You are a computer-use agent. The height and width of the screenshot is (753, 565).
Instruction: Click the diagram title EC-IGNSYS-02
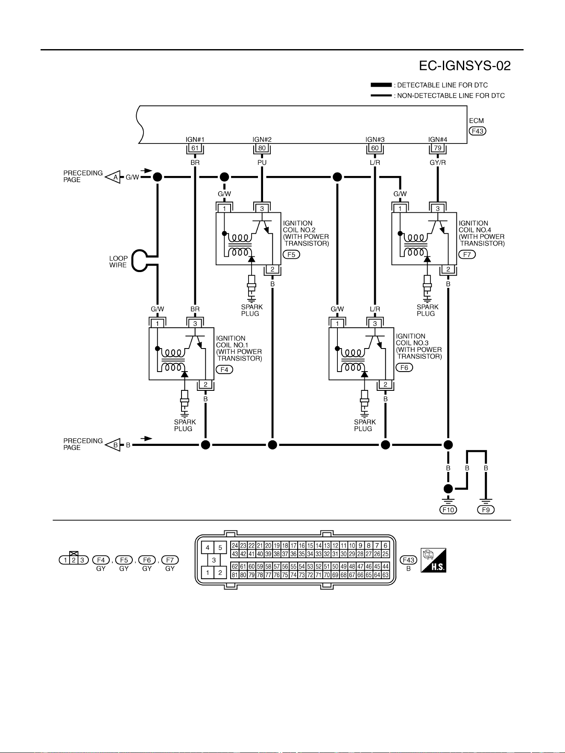point(465,66)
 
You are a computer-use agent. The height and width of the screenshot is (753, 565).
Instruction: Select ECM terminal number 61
point(195,148)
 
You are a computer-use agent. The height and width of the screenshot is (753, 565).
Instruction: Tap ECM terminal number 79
point(438,148)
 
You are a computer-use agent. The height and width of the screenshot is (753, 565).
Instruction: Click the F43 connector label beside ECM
point(477,131)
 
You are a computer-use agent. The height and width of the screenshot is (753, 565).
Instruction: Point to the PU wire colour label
point(262,163)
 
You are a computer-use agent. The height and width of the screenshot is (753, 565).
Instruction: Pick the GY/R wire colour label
point(438,163)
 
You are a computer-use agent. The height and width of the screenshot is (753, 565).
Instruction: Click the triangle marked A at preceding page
point(113,177)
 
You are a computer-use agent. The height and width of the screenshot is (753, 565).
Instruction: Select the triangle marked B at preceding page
point(113,445)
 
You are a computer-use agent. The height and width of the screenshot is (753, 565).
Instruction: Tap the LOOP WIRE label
point(118,262)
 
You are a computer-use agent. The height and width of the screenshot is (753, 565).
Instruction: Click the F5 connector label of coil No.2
point(291,255)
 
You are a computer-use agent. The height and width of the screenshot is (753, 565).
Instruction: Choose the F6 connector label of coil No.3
point(404,368)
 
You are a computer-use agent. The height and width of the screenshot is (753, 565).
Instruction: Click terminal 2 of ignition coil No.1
point(205,384)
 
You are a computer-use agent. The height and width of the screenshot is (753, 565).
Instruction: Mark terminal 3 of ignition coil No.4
point(438,209)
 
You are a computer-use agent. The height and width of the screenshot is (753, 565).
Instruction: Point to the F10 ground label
point(448,510)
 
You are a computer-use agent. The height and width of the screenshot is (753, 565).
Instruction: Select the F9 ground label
point(486,510)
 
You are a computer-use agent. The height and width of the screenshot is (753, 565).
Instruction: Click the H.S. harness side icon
point(433,560)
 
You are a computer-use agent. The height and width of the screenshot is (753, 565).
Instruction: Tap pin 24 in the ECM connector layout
point(235,545)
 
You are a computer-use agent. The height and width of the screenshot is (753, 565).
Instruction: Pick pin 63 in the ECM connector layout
point(386,575)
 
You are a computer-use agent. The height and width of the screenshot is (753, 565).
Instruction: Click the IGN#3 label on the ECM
point(375,140)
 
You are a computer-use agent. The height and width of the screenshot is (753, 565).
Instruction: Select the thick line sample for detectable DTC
point(381,85)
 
